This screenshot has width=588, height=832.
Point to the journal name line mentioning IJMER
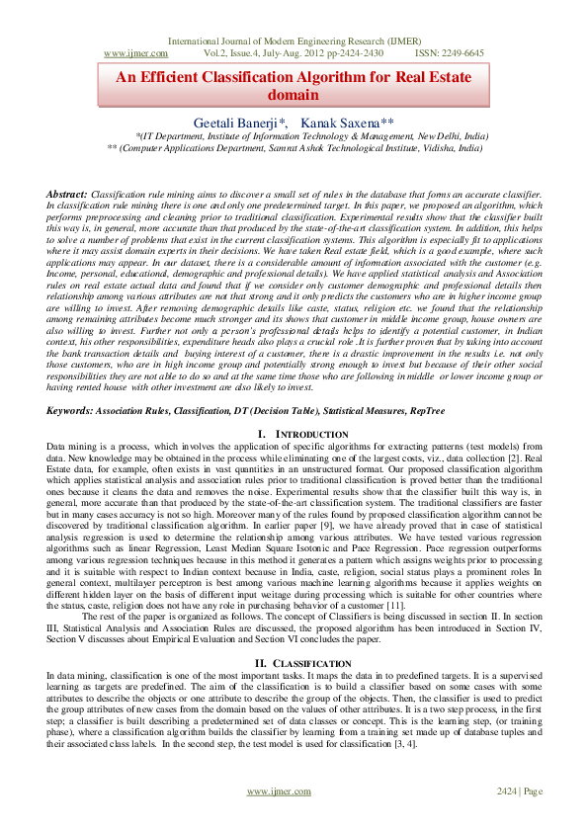(x=294, y=41)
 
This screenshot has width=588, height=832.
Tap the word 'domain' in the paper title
(x=294, y=95)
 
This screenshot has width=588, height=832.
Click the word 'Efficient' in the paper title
(x=183, y=77)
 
